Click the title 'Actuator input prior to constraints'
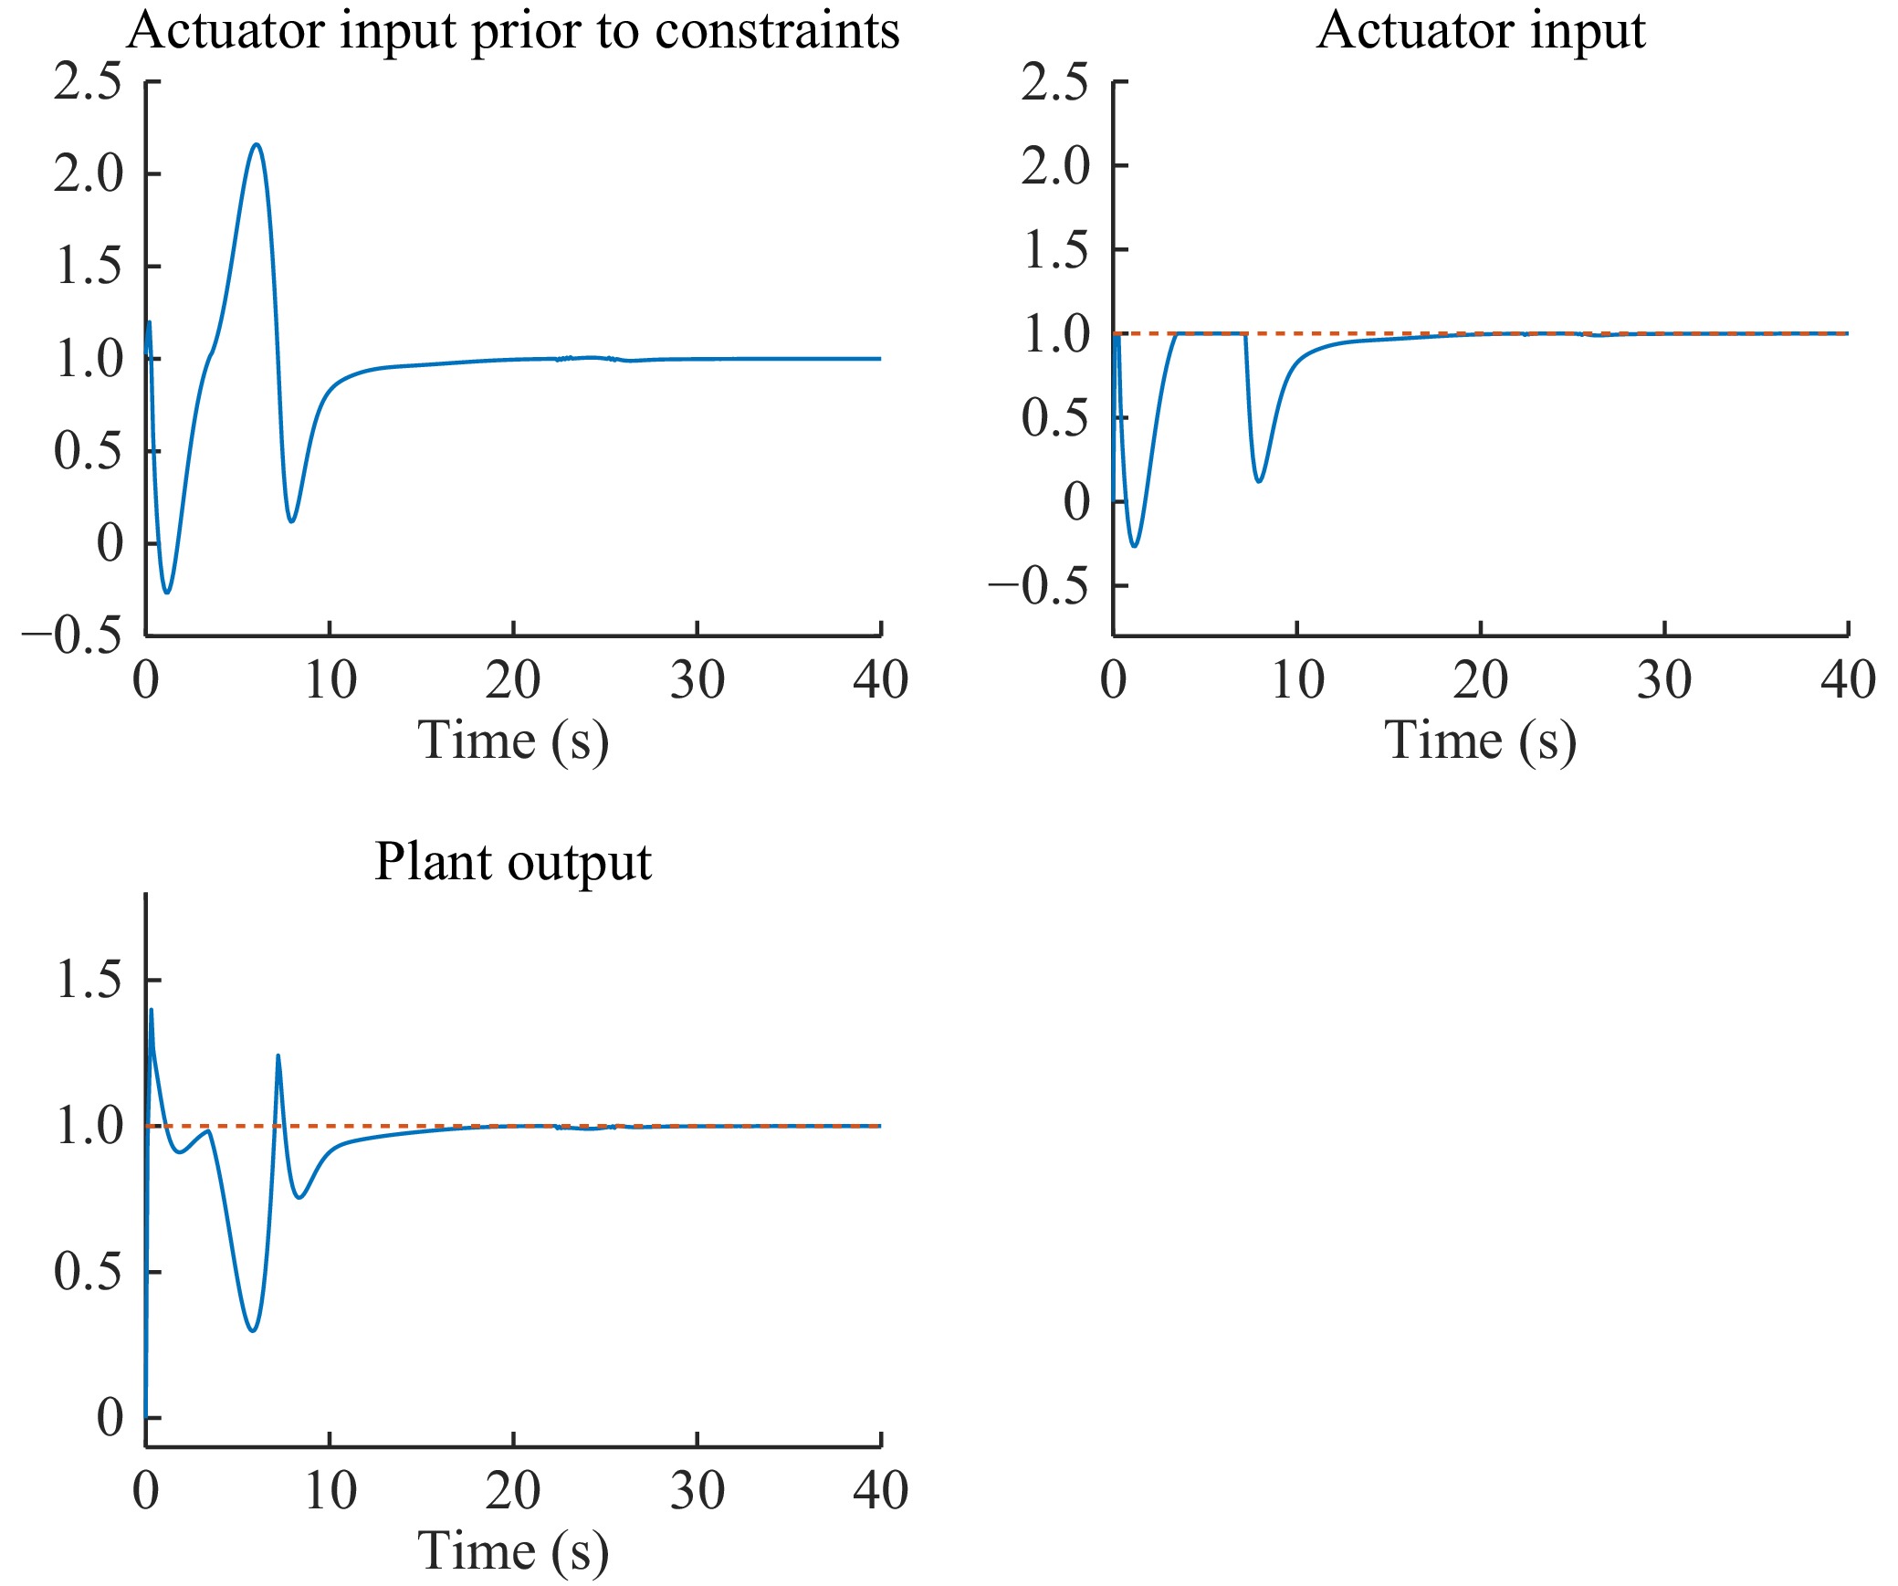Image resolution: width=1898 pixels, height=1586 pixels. (513, 30)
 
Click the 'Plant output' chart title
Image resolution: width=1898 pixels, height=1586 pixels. (513, 861)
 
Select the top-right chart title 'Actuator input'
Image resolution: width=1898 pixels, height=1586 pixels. (1481, 30)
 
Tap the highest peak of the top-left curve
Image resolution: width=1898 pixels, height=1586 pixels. (257, 144)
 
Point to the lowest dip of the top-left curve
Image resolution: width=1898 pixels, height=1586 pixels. (167, 593)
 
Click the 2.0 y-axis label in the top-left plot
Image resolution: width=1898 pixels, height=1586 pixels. (88, 173)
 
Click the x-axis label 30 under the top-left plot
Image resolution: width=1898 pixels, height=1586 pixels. (697, 680)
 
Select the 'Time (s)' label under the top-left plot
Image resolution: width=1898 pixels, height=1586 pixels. (513, 740)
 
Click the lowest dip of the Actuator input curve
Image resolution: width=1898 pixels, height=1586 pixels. (1135, 546)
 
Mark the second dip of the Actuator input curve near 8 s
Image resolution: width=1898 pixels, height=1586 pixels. (1260, 481)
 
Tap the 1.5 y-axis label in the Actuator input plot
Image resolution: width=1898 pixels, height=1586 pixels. (1056, 250)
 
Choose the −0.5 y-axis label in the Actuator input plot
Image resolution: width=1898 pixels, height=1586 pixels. (1040, 585)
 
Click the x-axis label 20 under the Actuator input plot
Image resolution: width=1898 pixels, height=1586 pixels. (1481, 680)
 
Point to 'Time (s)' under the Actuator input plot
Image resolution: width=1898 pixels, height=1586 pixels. (1481, 740)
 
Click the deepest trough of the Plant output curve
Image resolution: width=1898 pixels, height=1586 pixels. (253, 1330)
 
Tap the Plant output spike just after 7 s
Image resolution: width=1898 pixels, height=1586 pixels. (278, 1056)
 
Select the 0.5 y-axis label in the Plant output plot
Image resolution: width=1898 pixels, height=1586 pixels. (88, 1271)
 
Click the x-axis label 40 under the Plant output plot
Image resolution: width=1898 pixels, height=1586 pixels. (880, 1491)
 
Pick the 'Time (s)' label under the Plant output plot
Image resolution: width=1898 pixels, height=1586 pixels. (513, 1550)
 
